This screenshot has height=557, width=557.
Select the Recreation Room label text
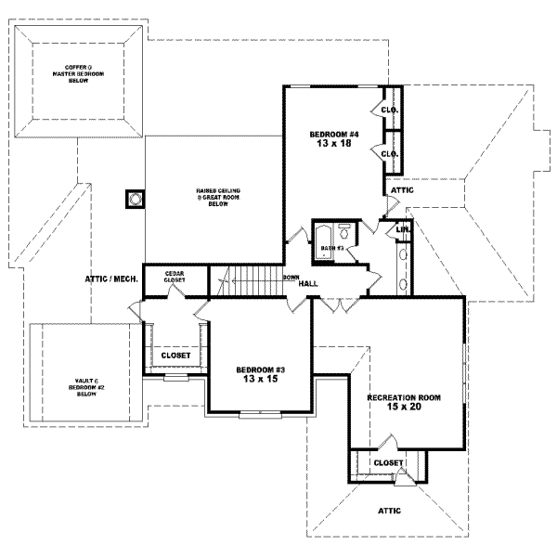[403, 396]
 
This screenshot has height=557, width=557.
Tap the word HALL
[309, 284]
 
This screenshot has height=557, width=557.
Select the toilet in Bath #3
[343, 228]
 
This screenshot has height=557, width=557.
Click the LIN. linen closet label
[403, 229]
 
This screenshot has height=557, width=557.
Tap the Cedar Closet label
[175, 277]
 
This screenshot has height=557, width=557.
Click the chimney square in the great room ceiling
[136, 199]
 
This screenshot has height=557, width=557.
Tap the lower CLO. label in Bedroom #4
[390, 153]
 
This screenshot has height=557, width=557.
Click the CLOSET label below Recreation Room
[387, 462]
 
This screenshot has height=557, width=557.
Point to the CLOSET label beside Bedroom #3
[175, 356]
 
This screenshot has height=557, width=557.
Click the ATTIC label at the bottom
[389, 510]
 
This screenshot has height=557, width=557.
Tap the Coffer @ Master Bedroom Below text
[76, 75]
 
